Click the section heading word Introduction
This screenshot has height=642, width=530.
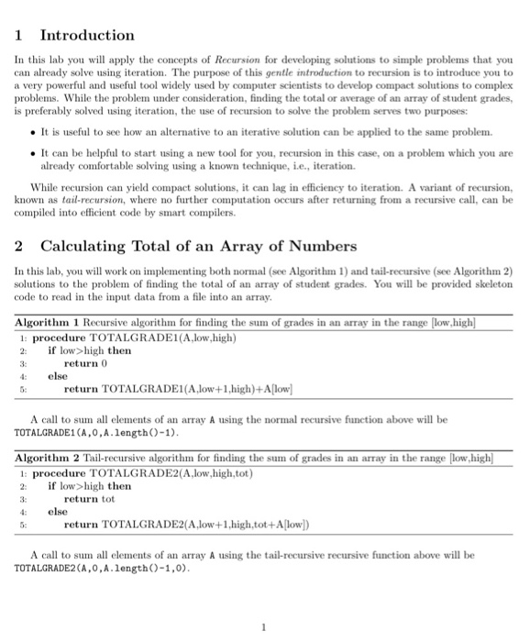tap(87, 36)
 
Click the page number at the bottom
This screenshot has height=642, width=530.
tap(263, 626)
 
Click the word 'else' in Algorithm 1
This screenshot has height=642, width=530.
tap(57, 376)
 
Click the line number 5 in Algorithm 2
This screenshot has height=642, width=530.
tap(23, 526)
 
